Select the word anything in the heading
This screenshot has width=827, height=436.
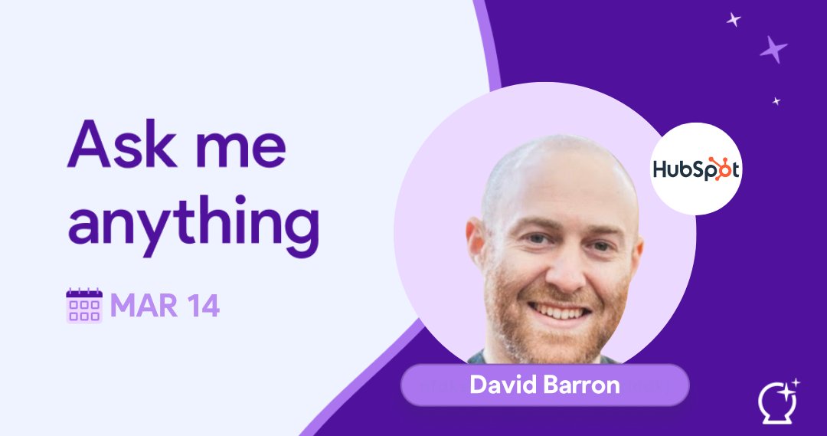click(192, 222)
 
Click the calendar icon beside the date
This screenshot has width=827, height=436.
click(84, 306)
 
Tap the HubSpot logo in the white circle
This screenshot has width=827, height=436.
click(695, 169)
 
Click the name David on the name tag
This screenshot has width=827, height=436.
click(501, 385)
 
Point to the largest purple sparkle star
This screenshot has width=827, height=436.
click(773, 50)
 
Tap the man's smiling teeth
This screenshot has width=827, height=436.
click(560, 312)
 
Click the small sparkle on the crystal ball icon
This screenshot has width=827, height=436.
click(796, 382)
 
